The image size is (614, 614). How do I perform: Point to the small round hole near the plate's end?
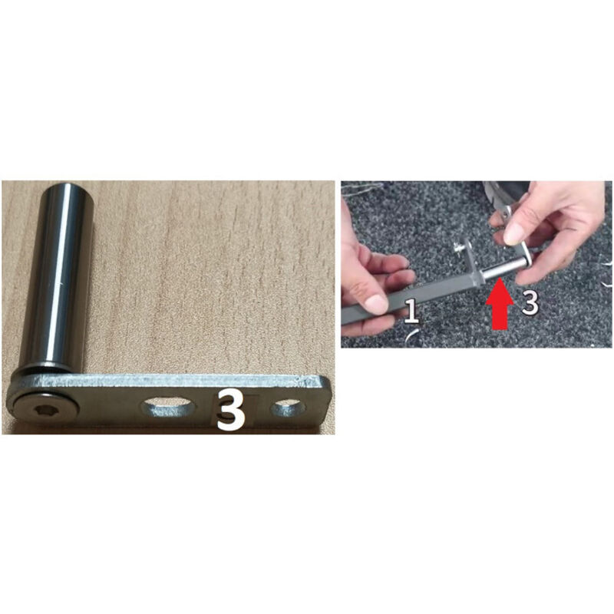(x=289, y=408)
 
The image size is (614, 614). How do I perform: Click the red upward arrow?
(x=500, y=304)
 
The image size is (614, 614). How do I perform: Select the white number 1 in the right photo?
(x=411, y=312)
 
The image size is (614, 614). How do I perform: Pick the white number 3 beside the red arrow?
(x=530, y=302)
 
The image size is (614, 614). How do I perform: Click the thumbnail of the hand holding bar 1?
(x=375, y=302)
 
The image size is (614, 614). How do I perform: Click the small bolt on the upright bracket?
(x=457, y=247)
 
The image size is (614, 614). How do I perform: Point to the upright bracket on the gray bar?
(x=471, y=261)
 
